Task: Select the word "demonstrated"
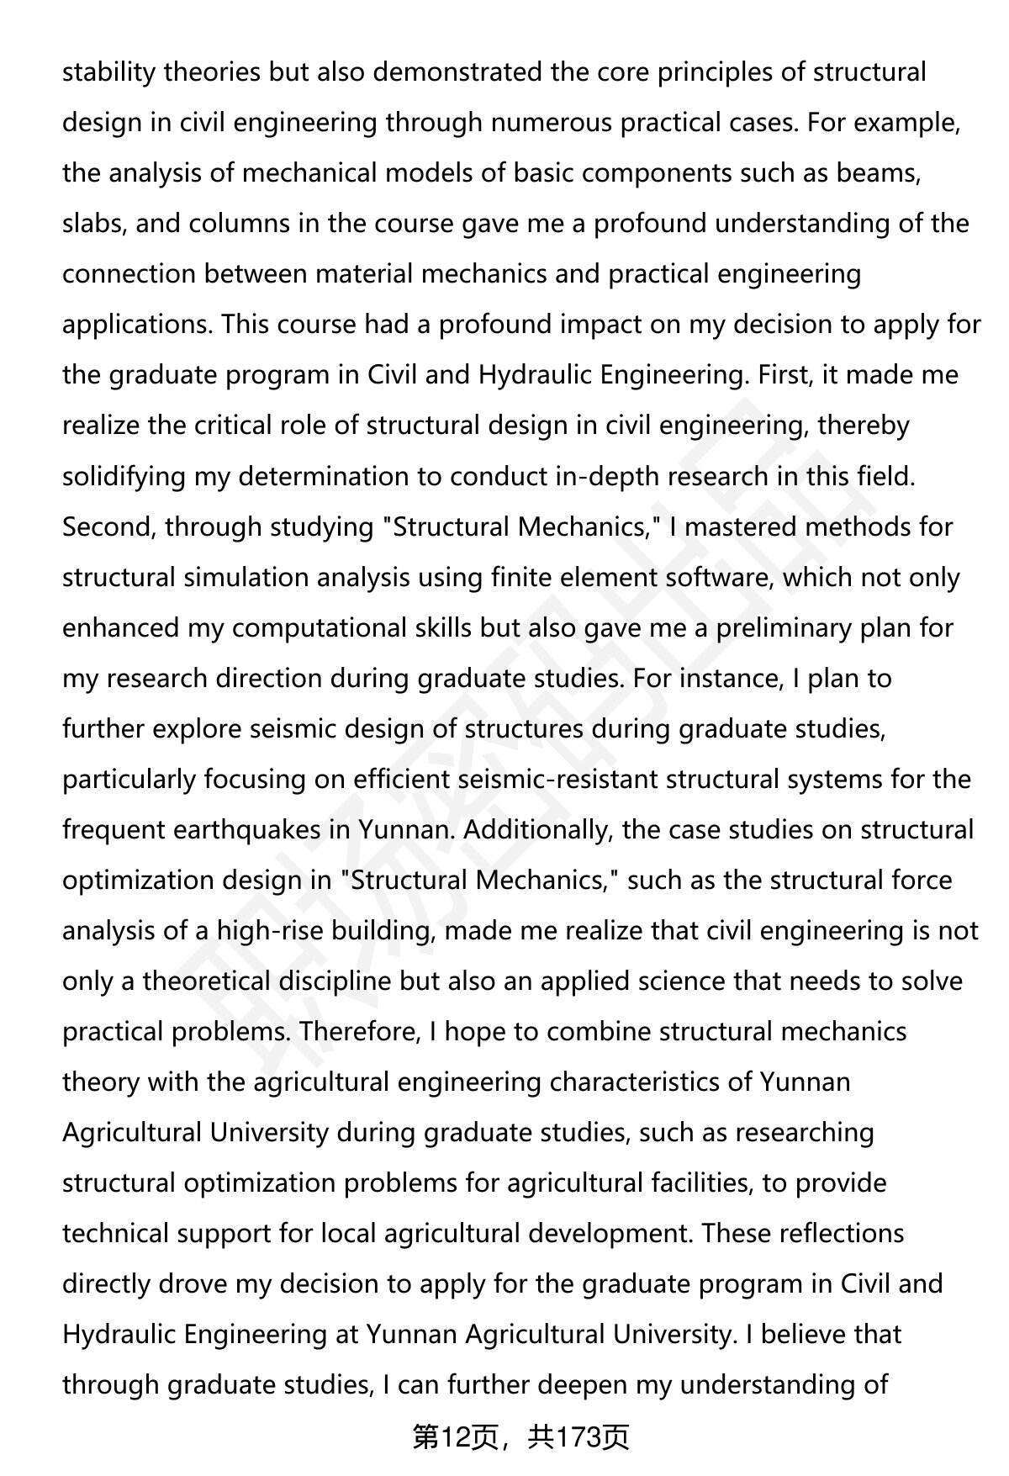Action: coord(457,72)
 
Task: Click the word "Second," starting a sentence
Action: coord(109,526)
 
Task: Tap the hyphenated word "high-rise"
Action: coord(275,931)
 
